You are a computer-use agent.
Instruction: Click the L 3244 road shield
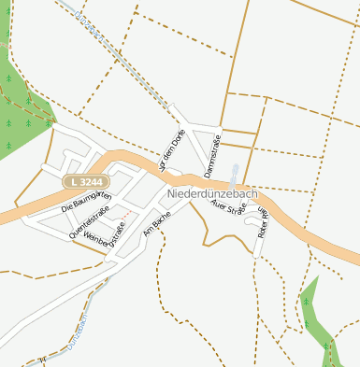click(x=87, y=180)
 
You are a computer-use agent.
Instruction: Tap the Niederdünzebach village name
click(x=212, y=193)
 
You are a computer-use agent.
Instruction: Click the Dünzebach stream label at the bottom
click(x=78, y=332)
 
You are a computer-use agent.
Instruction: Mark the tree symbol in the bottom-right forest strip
click(x=306, y=302)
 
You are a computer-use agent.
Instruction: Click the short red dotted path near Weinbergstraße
click(x=119, y=226)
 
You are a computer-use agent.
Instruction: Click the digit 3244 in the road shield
click(x=92, y=180)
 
